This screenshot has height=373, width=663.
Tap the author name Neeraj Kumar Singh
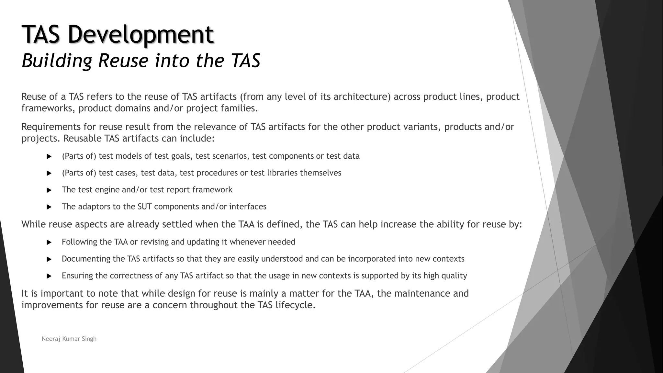69,339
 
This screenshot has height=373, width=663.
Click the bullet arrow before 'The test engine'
49,190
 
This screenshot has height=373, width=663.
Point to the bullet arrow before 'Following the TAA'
49,242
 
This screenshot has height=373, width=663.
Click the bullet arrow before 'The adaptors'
49,207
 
